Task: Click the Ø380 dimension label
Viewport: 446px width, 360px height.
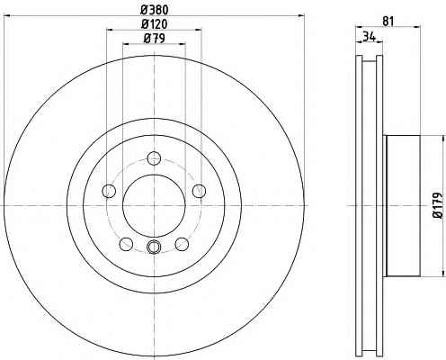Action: (x=155, y=10)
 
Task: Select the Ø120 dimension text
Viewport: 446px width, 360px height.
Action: (x=155, y=24)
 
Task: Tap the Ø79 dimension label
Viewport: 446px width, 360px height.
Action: (x=155, y=38)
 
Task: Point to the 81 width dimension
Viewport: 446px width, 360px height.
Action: (x=388, y=22)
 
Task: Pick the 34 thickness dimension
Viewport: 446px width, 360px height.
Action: (x=369, y=37)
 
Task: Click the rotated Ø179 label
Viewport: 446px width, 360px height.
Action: (x=438, y=205)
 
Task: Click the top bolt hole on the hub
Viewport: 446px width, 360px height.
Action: (x=154, y=158)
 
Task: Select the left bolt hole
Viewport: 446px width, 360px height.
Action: (x=109, y=191)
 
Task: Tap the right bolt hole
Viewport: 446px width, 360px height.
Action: (x=200, y=191)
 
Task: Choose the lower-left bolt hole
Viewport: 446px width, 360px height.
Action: (x=126, y=244)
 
